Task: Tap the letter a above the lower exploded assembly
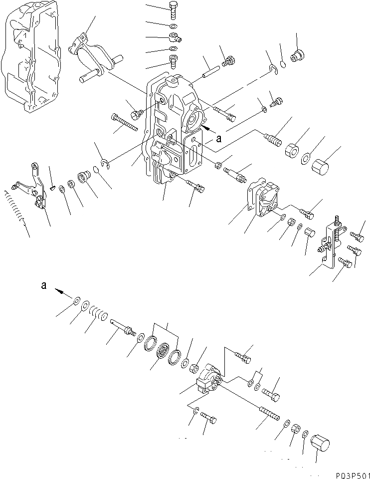click(x=44, y=285)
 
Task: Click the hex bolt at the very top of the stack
click(x=173, y=10)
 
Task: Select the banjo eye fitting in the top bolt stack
click(x=173, y=37)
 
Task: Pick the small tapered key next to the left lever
click(x=52, y=187)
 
